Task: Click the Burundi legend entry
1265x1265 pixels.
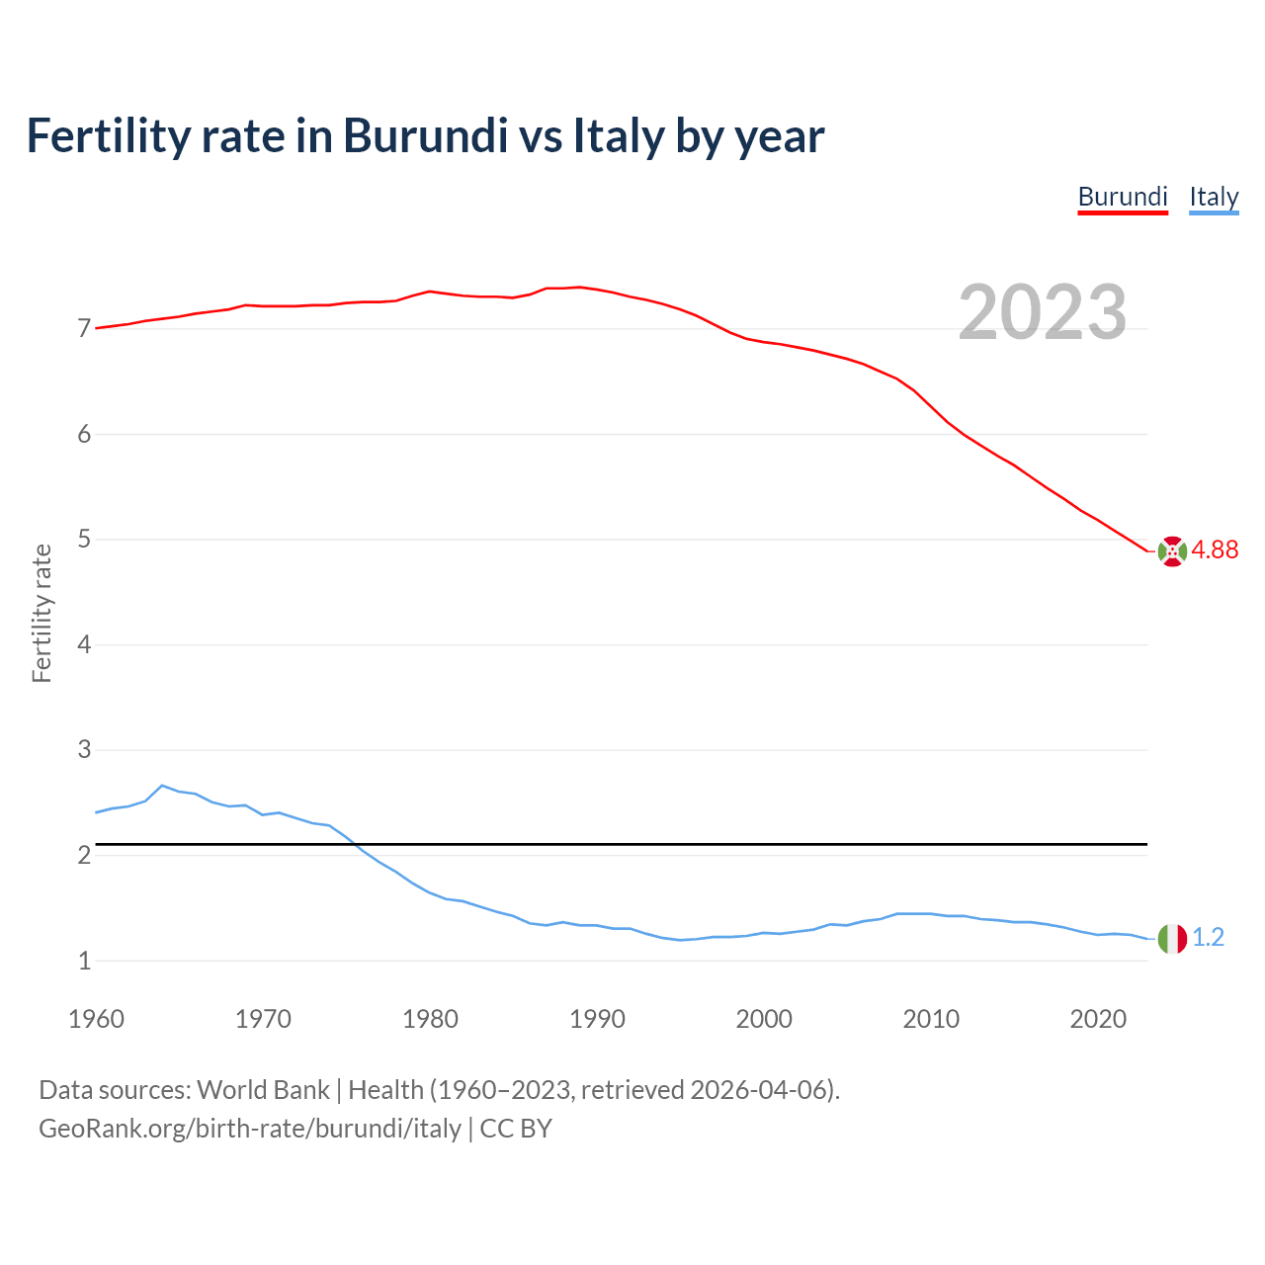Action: pos(1123,197)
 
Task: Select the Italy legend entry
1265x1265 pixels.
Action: pos(1214,197)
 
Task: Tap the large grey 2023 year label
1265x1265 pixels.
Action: pos(1043,312)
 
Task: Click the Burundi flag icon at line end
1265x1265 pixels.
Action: pos(1172,551)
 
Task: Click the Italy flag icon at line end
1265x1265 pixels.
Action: pos(1172,938)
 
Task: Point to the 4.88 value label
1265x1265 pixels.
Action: pos(1215,550)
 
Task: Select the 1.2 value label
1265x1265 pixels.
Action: pos(1208,938)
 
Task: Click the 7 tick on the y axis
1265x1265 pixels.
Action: pos(84,329)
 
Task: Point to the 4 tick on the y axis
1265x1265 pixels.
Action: pos(84,645)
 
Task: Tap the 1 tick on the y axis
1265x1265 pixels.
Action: pos(84,961)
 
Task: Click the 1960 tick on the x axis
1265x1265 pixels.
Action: pos(96,1019)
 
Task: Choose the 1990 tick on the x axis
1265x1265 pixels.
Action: pos(597,1019)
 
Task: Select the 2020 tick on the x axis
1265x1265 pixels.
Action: pos(1098,1019)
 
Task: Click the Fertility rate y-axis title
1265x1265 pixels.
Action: pos(42,613)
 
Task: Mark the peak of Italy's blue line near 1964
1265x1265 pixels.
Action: pos(162,786)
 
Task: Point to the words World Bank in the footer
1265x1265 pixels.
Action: pos(263,1090)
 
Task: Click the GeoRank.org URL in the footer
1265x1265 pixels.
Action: pos(250,1129)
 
